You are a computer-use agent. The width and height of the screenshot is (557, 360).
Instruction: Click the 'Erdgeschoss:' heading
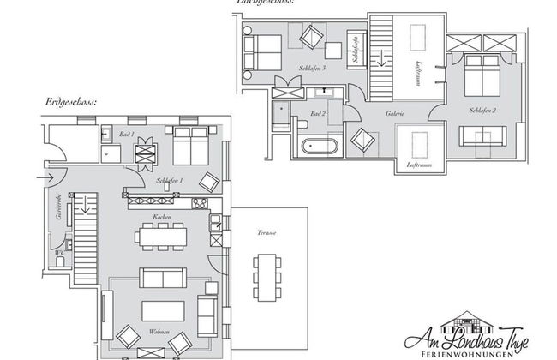[x=71, y=102]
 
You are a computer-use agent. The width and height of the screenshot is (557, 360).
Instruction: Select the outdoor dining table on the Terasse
[x=264, y=277]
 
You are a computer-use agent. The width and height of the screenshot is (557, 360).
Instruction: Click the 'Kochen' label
[x=161, y=218]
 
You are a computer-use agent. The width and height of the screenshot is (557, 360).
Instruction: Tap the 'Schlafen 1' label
[x=170, y=181]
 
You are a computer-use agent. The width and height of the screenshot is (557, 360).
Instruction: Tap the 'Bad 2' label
[x=318, y=113]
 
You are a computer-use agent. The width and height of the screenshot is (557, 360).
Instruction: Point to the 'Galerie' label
[x=395, y=113]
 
